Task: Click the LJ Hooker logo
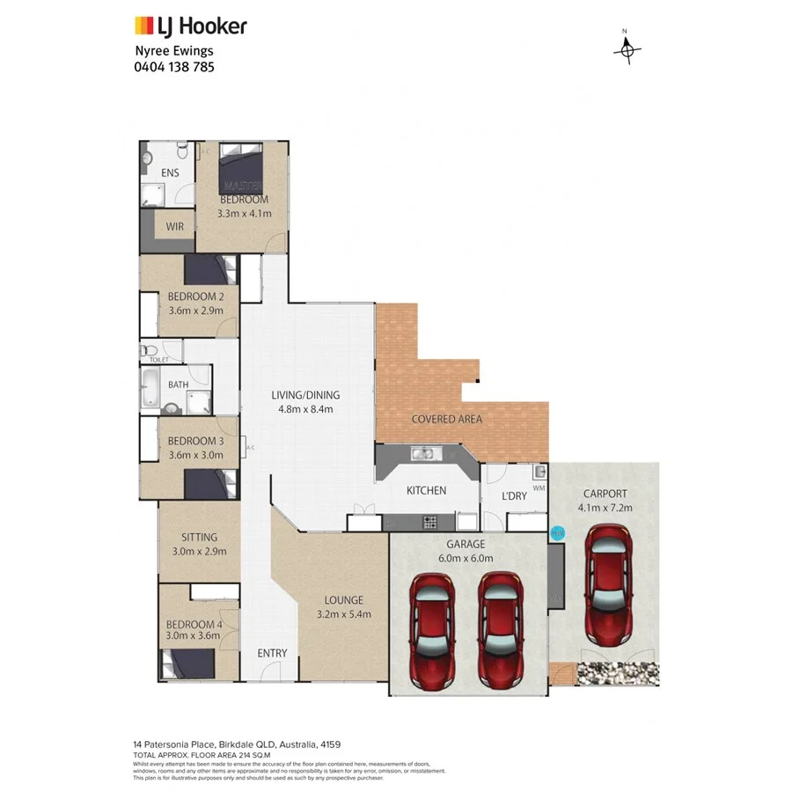point(190,26)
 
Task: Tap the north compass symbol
point(627,50)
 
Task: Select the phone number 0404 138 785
point(174,66)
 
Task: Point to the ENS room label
point(170,172)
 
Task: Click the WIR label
point(173,225)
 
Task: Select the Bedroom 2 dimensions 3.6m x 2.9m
point(195,310)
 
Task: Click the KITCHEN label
point(425,491)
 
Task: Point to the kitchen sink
point(424,454)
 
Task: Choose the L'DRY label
point(514,495)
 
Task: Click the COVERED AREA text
point(447,419)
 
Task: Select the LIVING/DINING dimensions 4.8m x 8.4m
point(304,408)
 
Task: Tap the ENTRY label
point(272,653)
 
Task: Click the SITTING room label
point(199,537)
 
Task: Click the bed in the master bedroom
point(241,167)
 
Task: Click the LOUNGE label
point(344,600)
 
